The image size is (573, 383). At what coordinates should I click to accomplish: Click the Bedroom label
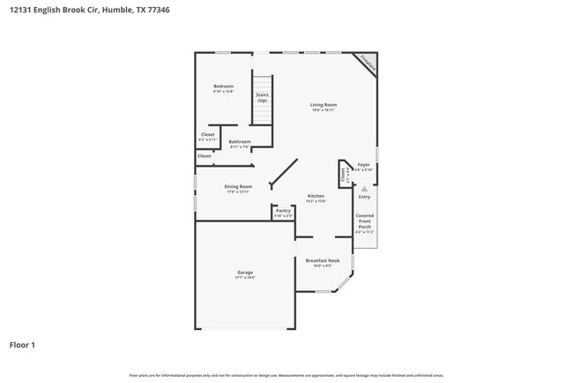tap(223, 86)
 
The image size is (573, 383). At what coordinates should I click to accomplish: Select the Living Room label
tap(323, 105)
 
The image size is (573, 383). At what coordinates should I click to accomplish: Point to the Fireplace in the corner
tap(368, 64)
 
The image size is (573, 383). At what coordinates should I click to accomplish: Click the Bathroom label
tap(240, 142)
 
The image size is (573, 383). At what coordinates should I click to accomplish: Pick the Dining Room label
tap(238, 186)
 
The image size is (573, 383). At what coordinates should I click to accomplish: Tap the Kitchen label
tap(316, 196)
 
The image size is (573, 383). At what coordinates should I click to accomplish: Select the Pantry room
tap(283, 212)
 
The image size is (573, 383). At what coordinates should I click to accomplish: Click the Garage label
tap(245, 273)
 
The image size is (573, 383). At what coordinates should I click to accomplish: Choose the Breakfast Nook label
tap(323, 261)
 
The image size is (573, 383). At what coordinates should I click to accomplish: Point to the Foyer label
tap(363, 165)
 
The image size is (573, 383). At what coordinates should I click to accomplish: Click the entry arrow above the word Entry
tap(364, 188)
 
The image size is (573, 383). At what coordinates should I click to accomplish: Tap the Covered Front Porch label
tap(365, 222)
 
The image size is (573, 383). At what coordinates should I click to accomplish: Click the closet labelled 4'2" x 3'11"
tap(207, 137)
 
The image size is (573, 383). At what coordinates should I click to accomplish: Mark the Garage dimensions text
tap(245, 278)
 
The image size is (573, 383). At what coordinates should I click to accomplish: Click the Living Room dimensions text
tap(323, 110)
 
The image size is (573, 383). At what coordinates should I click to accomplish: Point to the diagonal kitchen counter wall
tap(283, 173)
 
